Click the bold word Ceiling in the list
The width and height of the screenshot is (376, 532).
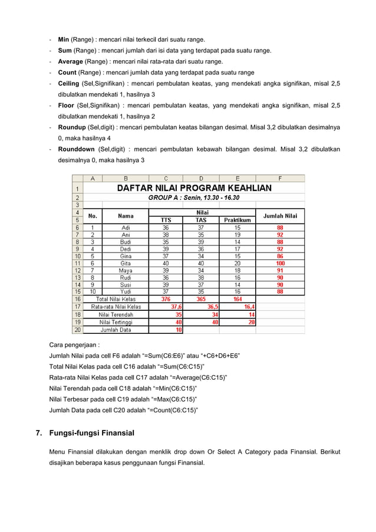pyautogui.click(x=68, y=84)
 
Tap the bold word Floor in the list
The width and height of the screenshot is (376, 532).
pyautogui.click(x=66, y=106)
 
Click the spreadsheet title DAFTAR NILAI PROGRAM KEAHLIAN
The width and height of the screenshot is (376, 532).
pyautogui.click(x=194, y=188)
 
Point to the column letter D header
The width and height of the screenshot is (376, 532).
pyautogui.click(x=201, y=178)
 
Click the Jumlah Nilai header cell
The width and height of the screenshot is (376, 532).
pyautogui.click(x=280, y=216)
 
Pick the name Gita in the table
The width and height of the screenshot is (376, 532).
pyautogui.click(x=126, y=264)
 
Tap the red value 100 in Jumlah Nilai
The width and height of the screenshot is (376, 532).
pyautogui.click(x=280, y=264)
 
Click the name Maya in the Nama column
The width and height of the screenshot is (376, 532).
pyautogui.click(x=126, y=271)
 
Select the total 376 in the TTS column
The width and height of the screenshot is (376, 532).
pyautogui.click(x=166, y=299)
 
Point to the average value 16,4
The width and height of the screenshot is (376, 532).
pyautogui.click(x=249, y=307)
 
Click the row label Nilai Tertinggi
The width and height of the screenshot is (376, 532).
pyautogui.click(x=116, y=323)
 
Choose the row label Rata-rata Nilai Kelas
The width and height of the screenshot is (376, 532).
pyautogui.click(x=116, y=307)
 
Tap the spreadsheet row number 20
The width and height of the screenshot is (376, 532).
pyautogui.click(x=77, y=330)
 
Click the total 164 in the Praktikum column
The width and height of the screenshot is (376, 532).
pyautogui.click(x=237, y=299)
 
